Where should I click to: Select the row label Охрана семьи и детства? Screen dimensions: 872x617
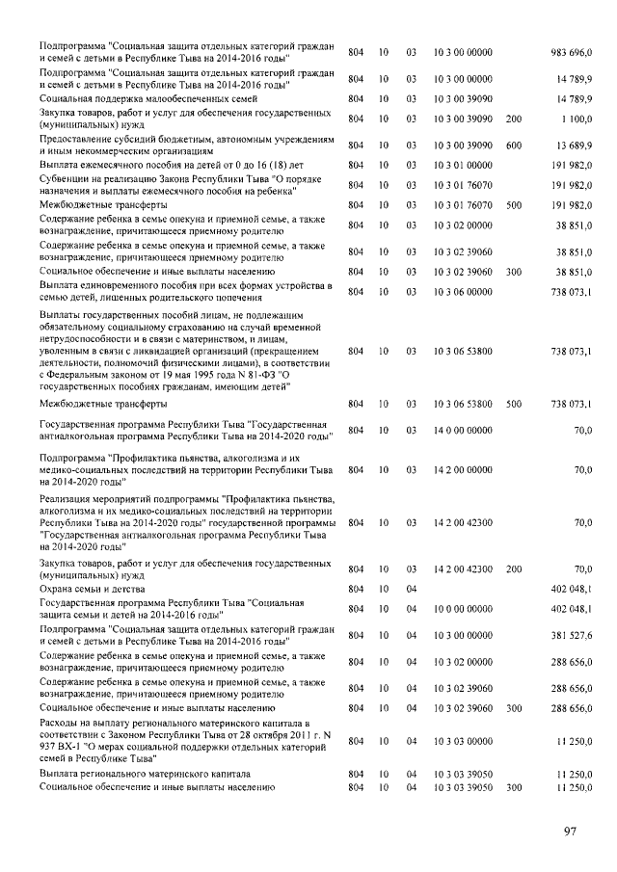tap(85, 587)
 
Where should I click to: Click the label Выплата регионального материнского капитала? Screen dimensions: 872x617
tap(144, 774)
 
